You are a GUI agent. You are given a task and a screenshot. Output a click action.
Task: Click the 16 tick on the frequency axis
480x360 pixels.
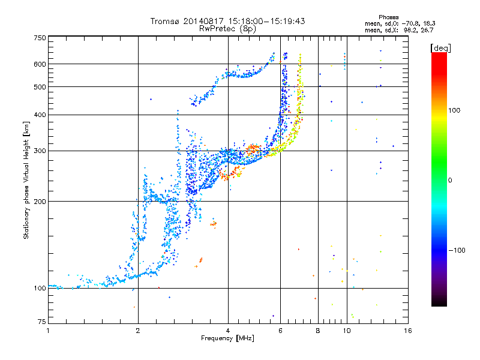coord(407,331)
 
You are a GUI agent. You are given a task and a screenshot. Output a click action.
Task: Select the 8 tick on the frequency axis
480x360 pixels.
coord(317,331)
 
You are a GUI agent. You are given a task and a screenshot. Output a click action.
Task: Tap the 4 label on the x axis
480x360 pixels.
coord(228,331)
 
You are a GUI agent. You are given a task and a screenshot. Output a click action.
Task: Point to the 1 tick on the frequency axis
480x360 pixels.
coord(49,331)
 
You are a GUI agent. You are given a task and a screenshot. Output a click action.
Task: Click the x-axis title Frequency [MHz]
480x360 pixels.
coord(228,339)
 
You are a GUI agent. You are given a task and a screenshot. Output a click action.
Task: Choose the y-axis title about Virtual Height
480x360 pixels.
coord(26,180)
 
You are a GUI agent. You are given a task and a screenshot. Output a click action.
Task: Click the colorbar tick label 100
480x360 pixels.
coord(454,110)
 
